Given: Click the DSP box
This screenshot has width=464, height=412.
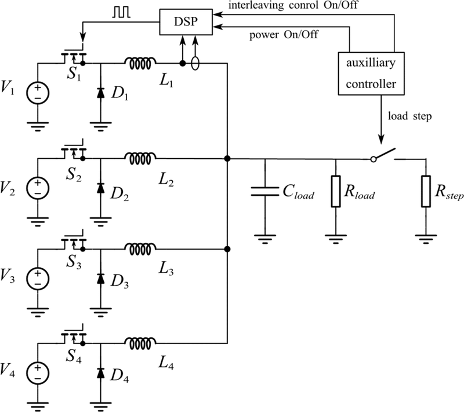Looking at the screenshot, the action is tap(186, 22).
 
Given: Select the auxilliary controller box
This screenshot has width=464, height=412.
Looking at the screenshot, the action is tap(371, 74).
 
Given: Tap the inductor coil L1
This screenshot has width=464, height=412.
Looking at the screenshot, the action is tap(140, 63).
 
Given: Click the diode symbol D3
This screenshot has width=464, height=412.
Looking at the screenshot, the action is tap(100, 279).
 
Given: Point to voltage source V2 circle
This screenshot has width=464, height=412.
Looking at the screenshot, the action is tap(38, 188).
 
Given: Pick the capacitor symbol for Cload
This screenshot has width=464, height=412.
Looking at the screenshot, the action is tap(264, 191).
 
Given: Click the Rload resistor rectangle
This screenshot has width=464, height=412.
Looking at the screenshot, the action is tap(336, 191).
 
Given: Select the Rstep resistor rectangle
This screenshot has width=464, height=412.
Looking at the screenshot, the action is tap(426, 191).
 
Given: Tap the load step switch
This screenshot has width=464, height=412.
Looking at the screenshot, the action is tap(383, 155).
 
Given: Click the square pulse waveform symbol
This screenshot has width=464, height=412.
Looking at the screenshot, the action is tap(121, 13).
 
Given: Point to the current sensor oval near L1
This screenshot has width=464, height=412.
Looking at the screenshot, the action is tap(195, 63).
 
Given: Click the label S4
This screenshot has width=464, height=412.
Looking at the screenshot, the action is tap(74, 356).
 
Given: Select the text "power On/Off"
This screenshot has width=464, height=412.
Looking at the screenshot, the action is tap(284, 35).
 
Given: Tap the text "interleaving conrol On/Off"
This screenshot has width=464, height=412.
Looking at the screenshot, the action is tap(293, 5).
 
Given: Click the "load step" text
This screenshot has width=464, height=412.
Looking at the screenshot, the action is tap(410, 116).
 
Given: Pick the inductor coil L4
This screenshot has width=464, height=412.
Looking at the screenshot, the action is tap(140, 343).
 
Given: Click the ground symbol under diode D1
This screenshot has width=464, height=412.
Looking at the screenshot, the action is tap(100, 126).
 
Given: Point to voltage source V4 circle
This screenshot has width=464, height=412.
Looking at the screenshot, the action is tap(38, 373).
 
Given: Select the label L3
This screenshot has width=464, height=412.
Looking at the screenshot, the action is tap(166, 269).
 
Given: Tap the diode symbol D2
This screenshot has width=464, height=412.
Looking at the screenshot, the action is tap(100, 188).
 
